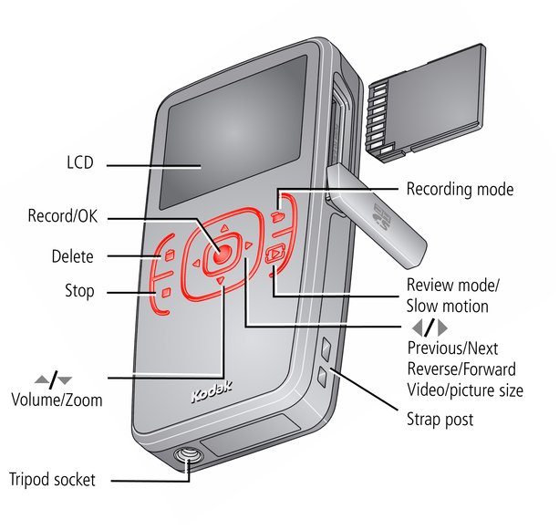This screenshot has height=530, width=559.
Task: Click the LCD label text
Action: (x=80, y=164)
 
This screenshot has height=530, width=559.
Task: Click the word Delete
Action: (x=73, y=256)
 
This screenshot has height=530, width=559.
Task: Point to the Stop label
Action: (x=79, y=293)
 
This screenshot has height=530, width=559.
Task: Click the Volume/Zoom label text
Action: (x=57, y=399)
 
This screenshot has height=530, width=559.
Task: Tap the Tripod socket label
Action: (x=52, y=479)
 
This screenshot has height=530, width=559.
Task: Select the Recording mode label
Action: (x=460, y=190)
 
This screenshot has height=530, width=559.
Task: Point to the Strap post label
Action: (x=440, y=421)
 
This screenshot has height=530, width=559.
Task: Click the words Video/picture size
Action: (x=465, y=390)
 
